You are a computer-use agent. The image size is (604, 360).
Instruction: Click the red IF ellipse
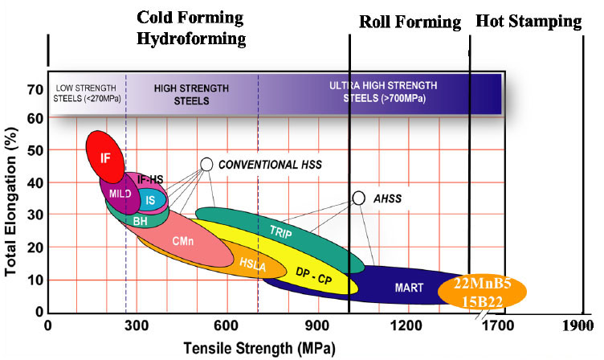(x=104, y=157)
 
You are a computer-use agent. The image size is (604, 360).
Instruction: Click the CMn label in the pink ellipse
(x=182, y=240)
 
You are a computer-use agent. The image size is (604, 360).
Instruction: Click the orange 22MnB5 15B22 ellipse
(x=482, y=290)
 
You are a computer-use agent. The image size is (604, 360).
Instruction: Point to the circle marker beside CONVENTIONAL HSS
(x=206, y=164)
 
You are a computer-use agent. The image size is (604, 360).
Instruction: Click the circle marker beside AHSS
(x=359, y=198)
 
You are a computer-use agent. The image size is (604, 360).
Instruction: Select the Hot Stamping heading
(x=528, y=22)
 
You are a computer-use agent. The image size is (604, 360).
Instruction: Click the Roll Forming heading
(x=410, y=22)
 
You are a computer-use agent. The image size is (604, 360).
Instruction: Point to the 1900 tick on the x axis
(x=577, y=327)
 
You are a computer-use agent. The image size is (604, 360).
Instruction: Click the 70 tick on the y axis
(x=33, y=88)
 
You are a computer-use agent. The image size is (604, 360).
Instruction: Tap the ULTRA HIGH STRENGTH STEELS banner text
(x=377, y=91)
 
